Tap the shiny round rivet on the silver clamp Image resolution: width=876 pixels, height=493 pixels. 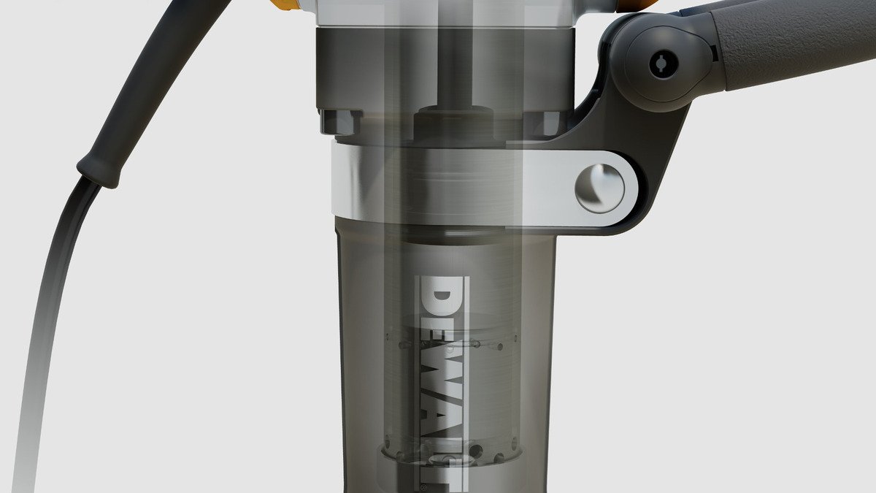[x=599, y=188]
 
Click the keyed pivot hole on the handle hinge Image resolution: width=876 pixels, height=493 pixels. [x=664, y=65]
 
